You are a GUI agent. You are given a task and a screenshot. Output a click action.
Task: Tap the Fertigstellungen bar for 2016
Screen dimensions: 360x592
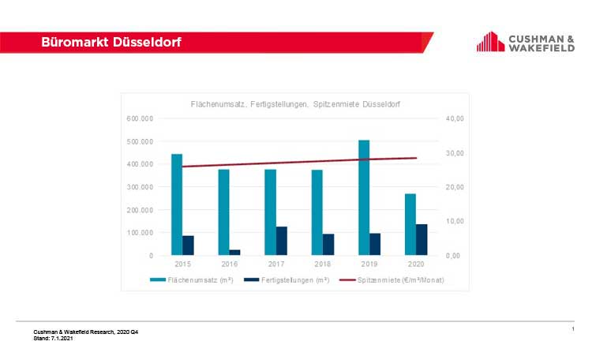234,252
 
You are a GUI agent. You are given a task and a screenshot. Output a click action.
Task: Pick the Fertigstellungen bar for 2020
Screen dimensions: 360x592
422,239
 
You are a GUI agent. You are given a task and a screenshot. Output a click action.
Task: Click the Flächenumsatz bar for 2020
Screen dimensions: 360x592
410,224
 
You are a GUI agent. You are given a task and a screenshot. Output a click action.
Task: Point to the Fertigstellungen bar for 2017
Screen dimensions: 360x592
282,241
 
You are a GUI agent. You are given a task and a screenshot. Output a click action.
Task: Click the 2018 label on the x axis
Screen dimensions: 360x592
322,265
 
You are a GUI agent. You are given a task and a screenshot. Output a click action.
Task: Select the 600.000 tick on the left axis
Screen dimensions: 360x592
141,118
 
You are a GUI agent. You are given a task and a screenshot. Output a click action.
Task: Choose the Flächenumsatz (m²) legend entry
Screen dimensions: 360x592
191,280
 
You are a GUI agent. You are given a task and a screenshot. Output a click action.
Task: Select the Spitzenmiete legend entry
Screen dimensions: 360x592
387,280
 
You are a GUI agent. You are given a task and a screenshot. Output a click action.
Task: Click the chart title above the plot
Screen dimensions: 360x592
295,104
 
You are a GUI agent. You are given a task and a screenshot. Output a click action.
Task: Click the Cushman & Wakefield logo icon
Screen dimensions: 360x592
490,42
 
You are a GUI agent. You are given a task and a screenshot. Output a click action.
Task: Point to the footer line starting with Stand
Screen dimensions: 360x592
54,337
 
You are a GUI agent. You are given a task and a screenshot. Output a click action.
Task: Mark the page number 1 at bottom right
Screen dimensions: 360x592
573,328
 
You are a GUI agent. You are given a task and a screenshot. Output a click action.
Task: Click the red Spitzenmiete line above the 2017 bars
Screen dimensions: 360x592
275,163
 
